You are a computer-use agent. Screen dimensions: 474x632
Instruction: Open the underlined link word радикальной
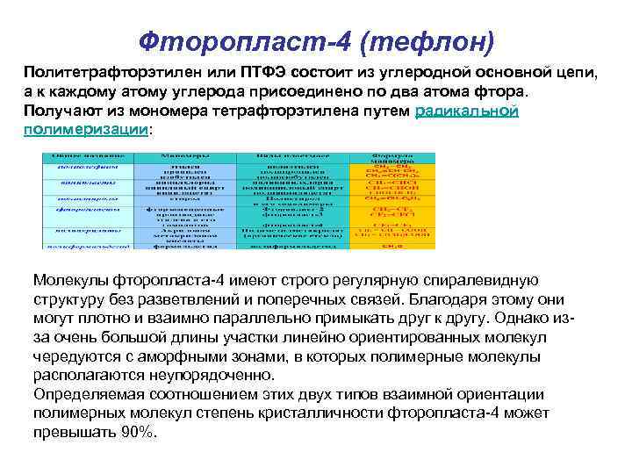(x=465, y=111)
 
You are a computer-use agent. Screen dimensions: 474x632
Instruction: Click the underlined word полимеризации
(x=84, y=130)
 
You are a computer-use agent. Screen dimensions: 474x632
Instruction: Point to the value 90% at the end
(x=140, y=434)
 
